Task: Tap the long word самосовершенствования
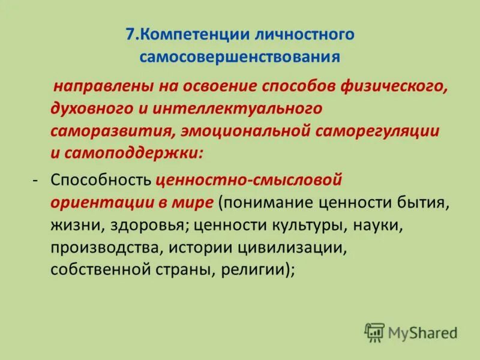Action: pyautogui.click(x=240, y=58)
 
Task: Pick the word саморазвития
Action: pyautogui.click(x=107, y=131)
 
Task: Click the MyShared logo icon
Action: pyautogui.click(x=374, y=331)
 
